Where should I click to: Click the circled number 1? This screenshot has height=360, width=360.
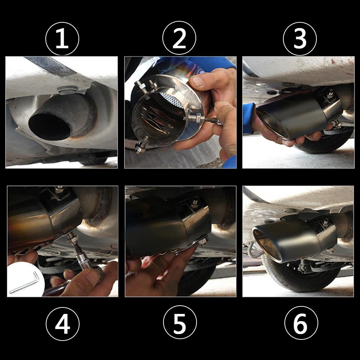click(x=62, y=38)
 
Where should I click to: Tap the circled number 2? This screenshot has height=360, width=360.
click(x=179, y=38)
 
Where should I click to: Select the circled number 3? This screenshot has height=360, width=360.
click(x=300, y=38)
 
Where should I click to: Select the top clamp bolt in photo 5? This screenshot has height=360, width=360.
click(x=197, y=202)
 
